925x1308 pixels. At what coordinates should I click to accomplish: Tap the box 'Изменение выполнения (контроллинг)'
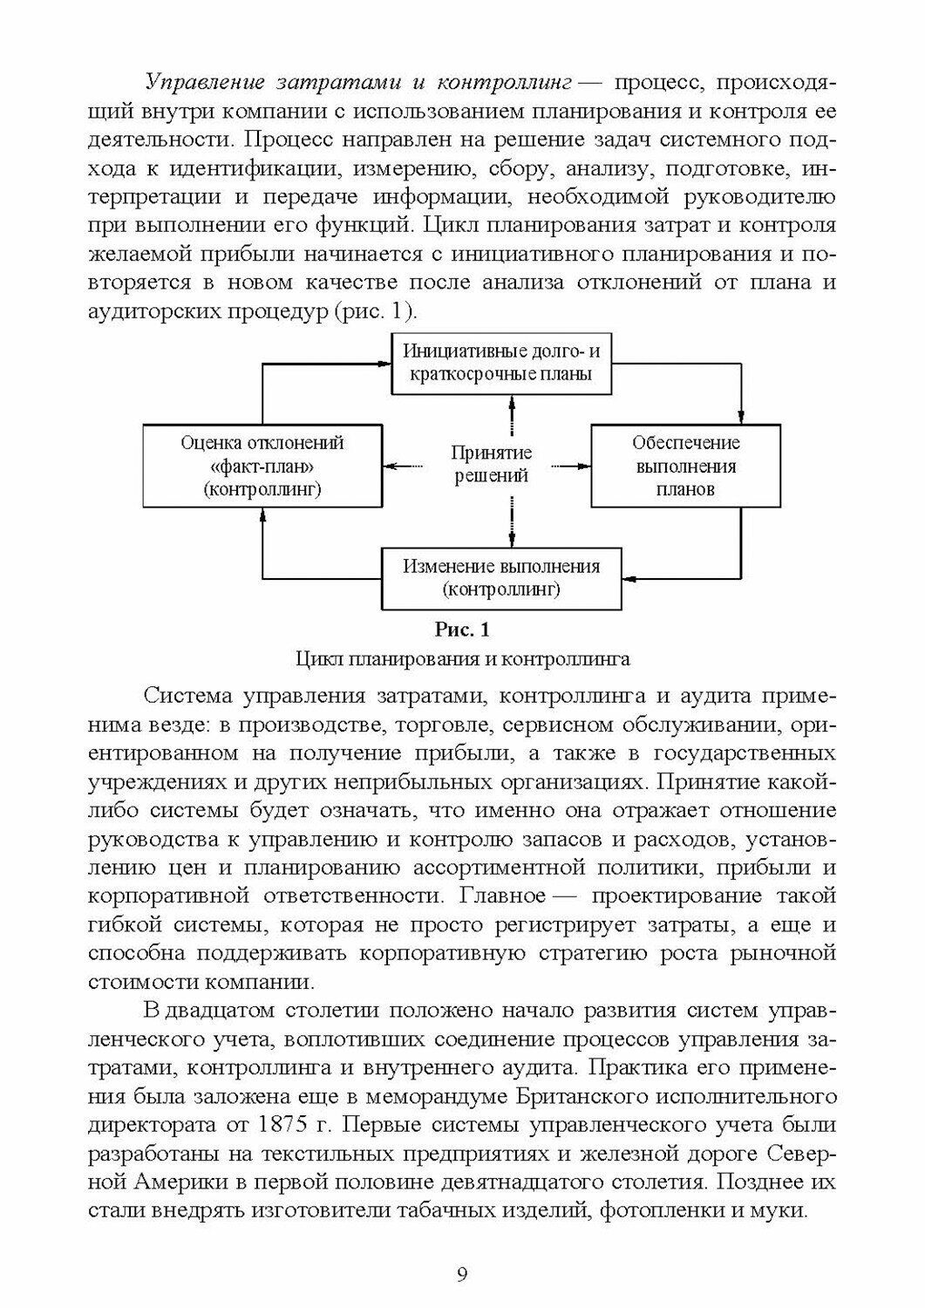[x=501, y=577]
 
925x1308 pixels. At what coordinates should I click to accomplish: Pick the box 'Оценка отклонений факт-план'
[x=262, y=466]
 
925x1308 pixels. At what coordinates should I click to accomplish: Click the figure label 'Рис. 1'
[x=462, y=629]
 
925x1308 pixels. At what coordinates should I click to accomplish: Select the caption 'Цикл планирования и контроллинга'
[x=462, y=658]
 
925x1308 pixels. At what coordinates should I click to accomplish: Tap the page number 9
[x=462, y=1275]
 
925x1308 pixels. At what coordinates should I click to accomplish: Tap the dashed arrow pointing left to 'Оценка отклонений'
[x=413, y=466]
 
